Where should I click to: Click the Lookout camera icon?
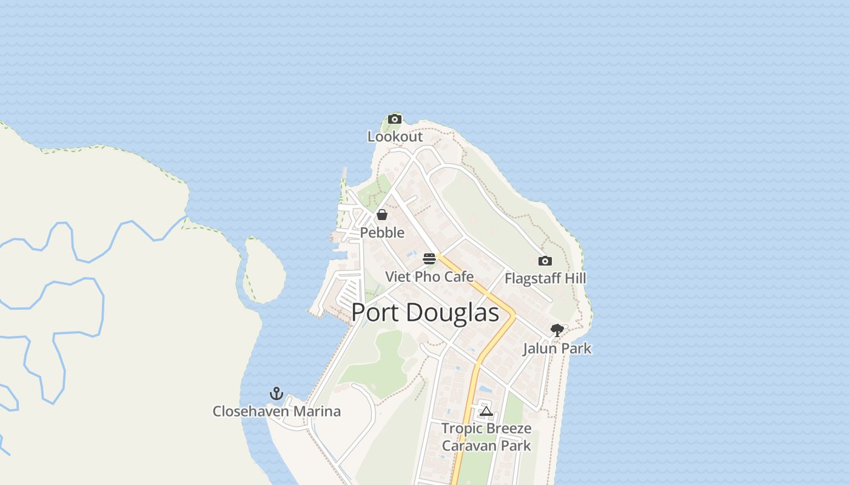pos(395,119)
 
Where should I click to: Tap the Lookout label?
pos(395,136)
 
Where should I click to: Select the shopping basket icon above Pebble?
pos(382,215)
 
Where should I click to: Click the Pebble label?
pos(382,232)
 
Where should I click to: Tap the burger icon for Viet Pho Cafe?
pos(429,259)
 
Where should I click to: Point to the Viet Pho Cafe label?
pos(429,276)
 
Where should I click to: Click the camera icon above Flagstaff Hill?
pos(545,261)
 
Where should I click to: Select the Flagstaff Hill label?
pos(545,278)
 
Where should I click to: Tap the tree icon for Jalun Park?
pos(557,330)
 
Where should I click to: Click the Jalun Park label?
pos(557,349)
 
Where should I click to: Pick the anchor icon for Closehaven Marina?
pos(277,393)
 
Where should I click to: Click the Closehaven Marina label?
pos(277,411)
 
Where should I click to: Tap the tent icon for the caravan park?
pos(486,412)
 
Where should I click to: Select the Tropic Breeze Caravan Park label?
pos(486,437)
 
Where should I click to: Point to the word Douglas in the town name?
pos(452,312)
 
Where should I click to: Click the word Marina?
pos(317,411)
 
